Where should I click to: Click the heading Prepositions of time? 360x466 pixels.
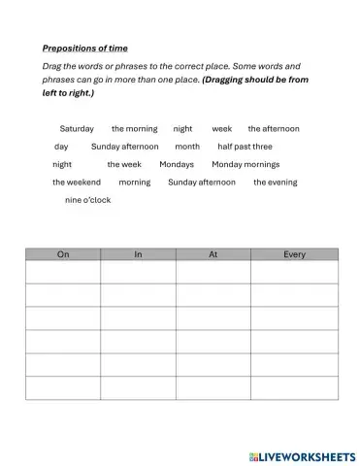coord(85,48)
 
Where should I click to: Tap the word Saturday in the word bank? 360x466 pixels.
coord(77,128)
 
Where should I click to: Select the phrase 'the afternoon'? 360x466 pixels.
coord(274,128)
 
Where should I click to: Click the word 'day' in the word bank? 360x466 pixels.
coord(61,147)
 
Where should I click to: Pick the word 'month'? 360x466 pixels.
coord(187,147)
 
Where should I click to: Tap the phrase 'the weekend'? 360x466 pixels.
coord(77,182)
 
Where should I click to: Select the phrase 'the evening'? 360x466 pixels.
coord(276,182)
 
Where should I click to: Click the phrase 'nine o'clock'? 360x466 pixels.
coord(87,200)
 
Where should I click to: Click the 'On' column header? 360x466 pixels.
coord(63,254)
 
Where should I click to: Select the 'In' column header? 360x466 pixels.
coord(138,254)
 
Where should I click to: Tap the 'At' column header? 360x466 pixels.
coord(213,254)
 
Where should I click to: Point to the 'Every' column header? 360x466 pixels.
coord(295,254)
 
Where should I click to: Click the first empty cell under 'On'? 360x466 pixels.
coord(63,272)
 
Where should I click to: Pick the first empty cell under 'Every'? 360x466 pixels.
coord(295,272)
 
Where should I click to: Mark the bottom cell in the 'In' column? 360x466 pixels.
coord(138,387)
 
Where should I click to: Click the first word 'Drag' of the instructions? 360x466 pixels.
coord(52,65)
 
